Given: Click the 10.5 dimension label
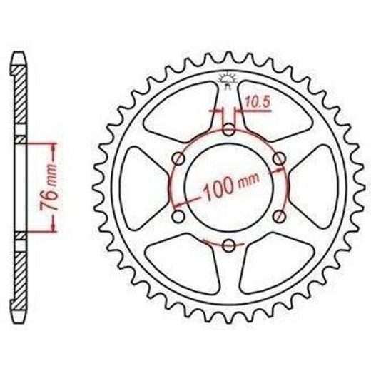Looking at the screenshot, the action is (x=258, y=103).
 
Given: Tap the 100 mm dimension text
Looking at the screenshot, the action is (x=231, y=187).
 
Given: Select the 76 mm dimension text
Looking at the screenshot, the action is (x=49, y=187).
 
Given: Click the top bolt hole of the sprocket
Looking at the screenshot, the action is (x=229, y=130).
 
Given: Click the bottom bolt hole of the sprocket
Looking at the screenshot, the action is (x=229, y=245).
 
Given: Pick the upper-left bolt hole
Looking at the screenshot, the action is (x=178, y=158).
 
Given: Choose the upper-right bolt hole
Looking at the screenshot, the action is (x=280, y=158).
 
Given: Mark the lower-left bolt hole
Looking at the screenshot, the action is (x=178, y=216).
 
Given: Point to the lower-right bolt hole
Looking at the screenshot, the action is (x=279, y=216).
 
